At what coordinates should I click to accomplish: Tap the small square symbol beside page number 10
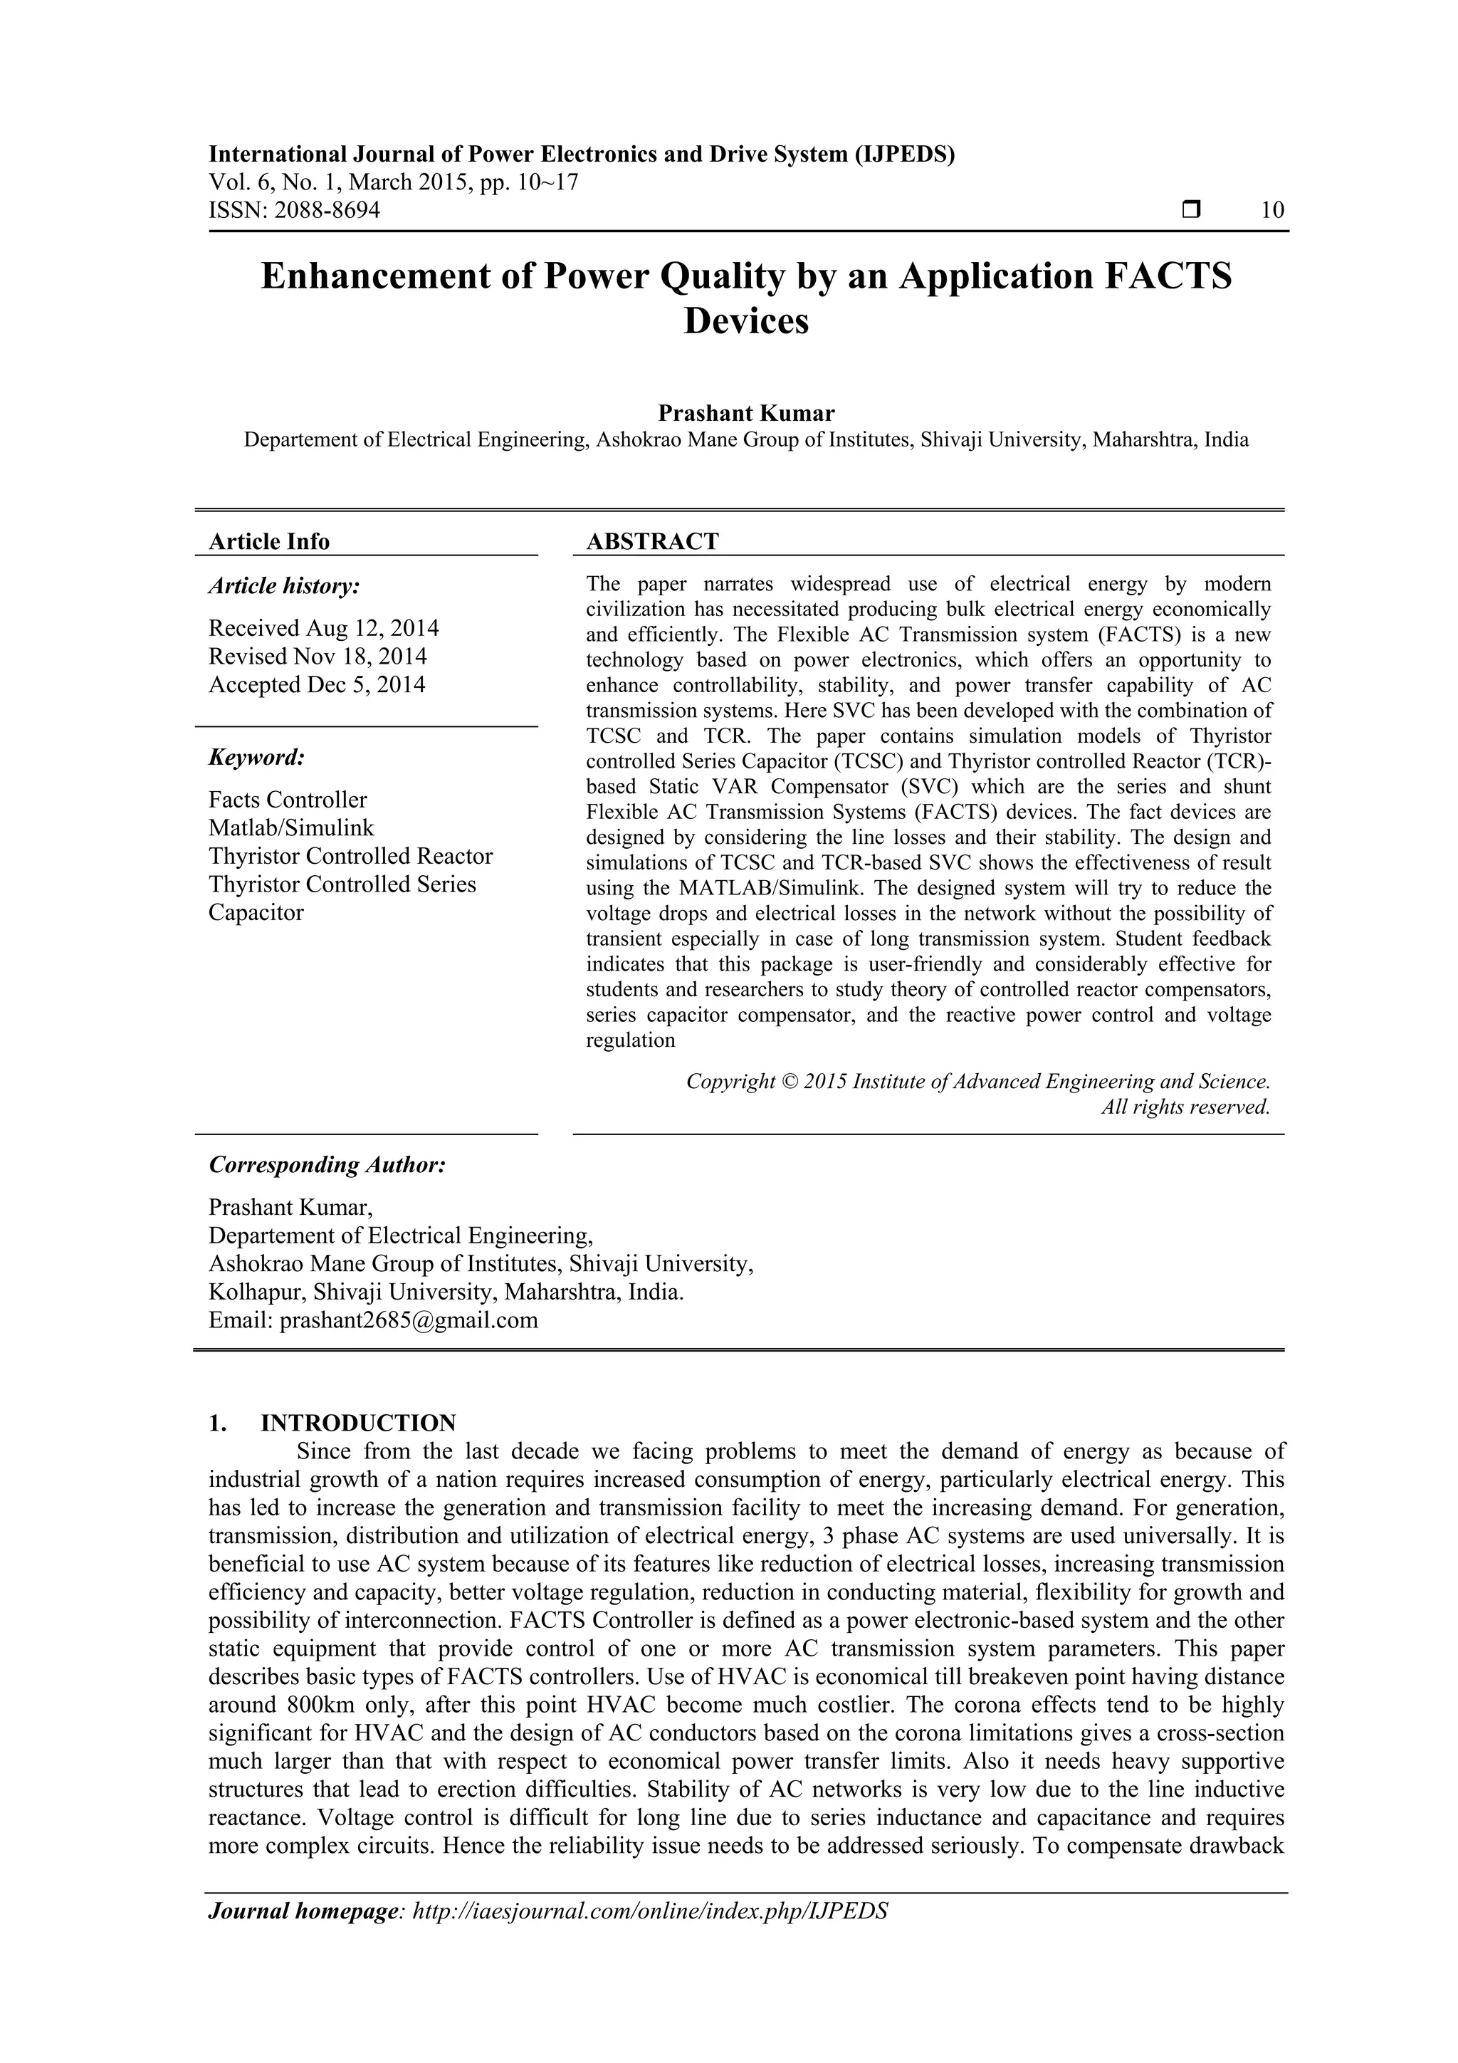tap(1191, 210)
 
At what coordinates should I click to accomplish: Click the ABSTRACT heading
tap(652, 541)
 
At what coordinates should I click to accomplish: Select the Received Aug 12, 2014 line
tap(323, 627)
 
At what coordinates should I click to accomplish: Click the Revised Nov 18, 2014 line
tap(317, 656)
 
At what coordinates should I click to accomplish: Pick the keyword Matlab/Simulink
tap(291, 827)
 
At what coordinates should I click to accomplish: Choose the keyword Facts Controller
tap(288, 800)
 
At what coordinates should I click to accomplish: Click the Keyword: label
tap(257, 758)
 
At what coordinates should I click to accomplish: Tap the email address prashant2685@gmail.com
tap(409, 1320)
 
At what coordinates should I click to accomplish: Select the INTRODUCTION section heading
tap(357, 1424)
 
